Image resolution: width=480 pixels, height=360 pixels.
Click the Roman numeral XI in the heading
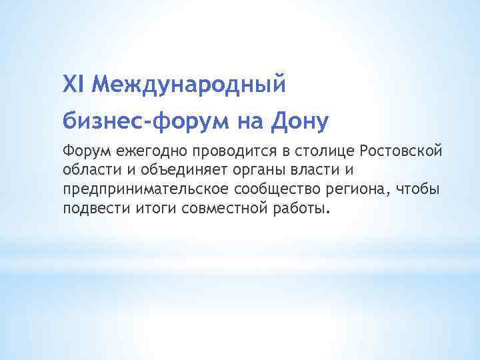74,84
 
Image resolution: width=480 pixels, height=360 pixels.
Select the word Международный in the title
189,85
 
